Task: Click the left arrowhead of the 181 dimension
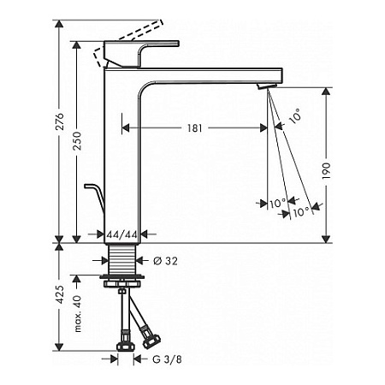[x=128, y=127]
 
